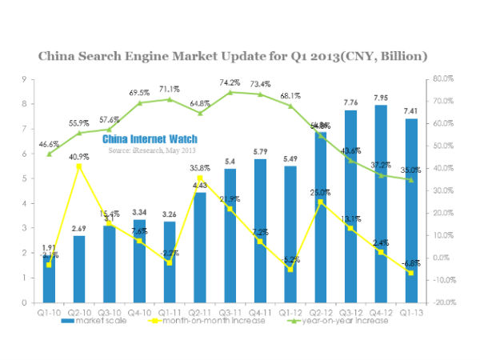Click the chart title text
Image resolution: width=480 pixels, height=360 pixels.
click(x=240, y=56)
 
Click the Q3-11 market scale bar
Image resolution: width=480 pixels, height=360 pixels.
click(x=229, y=240)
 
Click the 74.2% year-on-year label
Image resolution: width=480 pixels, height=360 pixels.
click(x=229, y=82)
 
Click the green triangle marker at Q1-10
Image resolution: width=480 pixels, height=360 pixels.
click(x=49, y=154)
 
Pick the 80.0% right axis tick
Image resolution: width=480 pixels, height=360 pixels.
click(x=442, y=79)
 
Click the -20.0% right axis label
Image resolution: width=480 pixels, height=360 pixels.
click(x=442, y=303)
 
